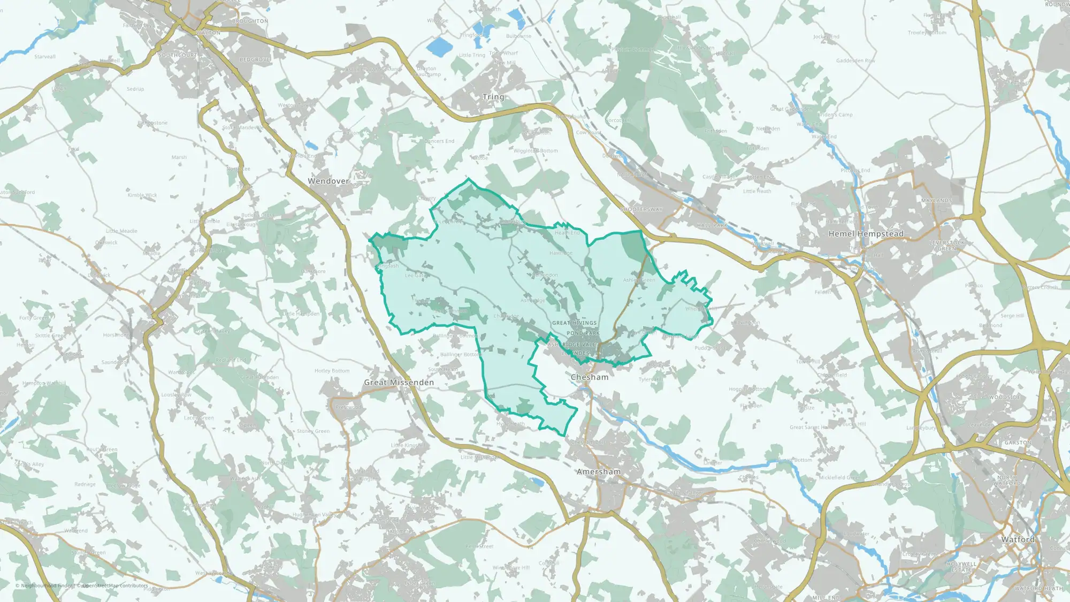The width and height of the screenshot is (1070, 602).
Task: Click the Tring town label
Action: pyautogui.click(x=493, y=97)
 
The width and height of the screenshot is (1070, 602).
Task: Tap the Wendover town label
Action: pyautogui.click(x=328, y=181)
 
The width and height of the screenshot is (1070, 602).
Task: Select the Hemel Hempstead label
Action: pyautogui.click(x=866, y=234)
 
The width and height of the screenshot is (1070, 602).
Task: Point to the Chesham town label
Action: pyautogui.click(x=589, y=377)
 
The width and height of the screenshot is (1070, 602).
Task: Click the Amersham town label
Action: pyautogui.click(x=598, y=472)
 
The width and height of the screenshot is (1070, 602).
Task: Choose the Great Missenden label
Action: pyautogui.click(x=399, y=383)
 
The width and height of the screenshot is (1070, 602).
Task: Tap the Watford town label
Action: pyautogui.click(x=1017, y=539)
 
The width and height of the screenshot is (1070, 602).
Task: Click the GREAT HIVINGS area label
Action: pyautogui.click(x=574, y=323)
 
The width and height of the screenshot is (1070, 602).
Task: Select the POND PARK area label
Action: pyautogui.click(x=583, y=333)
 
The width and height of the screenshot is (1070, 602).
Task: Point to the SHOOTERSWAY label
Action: pyautogui.click(x=641, y=210)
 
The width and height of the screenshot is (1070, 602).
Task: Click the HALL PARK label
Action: pyautogui.click(x=712, y=226)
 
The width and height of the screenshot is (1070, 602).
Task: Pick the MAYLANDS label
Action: pyautogui.click(x=936, y=201)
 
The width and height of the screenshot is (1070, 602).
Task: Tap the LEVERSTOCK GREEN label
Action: pyautogui.click(x=946, y=246)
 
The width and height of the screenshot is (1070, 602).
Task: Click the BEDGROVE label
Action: pyautogui.click(x=255, y=60)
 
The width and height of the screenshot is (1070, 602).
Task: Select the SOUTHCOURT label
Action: pyautogui.click(x=178, y=56)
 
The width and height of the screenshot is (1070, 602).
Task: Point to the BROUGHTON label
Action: pyautogui.click(x=250, y=21)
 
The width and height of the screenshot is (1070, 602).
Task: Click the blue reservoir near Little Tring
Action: pyautogui.click(x=440, y=47)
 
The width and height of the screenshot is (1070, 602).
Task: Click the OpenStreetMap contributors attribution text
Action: pyautogui.click(x=114, y=585)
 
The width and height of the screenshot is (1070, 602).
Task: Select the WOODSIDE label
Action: pyautogui.click(x=1004, y=398)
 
